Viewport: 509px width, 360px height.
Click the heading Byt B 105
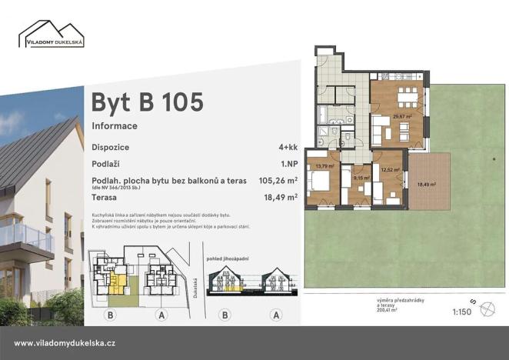[x=147, y=102]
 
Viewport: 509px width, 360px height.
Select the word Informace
[x=115, y=125]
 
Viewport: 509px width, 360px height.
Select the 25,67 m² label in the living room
[x=402, y=117]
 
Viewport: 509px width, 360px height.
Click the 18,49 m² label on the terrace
[x=426, y=184]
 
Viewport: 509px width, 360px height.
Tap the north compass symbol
[x=486, y=308]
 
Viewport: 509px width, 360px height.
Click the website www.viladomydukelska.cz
[x=65, y=343]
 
